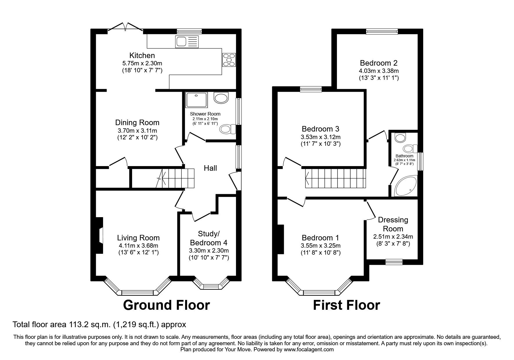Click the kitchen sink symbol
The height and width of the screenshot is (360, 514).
(187, 42)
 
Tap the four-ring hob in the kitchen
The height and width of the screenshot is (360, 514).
(229, 60)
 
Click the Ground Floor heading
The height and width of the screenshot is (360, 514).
(166, 305)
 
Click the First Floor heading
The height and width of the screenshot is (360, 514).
(346, 305)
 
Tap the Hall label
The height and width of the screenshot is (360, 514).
(210, 168)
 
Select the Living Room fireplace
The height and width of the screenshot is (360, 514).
(100, 235)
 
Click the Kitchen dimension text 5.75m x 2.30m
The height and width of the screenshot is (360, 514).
(142, 63)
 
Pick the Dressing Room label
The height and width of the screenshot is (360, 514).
(393, 224)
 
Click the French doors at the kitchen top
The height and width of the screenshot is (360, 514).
(125, 27)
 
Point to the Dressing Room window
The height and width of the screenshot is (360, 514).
(394, 262)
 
